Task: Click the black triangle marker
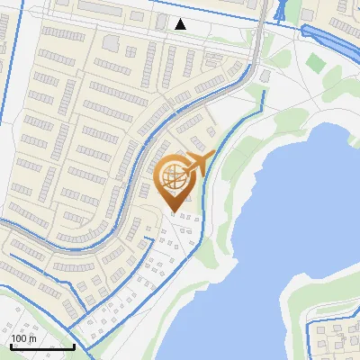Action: [181, 24]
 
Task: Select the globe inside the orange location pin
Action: [175, 176]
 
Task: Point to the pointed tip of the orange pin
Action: [175, 211]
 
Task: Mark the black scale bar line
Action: [42, 346]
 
